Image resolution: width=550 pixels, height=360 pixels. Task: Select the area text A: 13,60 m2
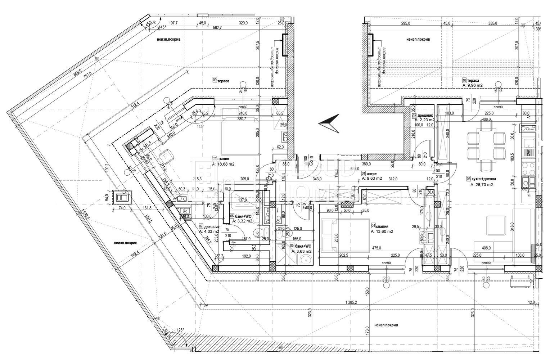[x=382, y=231]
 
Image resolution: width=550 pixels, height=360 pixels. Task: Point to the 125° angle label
[x=180, y=329]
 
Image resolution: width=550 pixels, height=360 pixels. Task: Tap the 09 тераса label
[x=221, y=81]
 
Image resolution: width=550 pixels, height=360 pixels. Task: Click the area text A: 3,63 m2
[x=303, y=251]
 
